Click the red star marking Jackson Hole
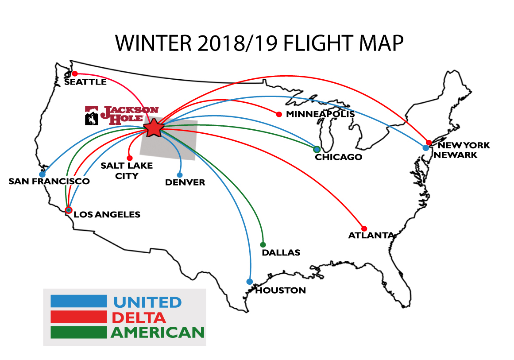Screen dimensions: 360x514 click(x=154, y=128)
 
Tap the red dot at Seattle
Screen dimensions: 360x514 click(x=75, y=74)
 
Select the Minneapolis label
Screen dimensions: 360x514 click(x=320, y=114)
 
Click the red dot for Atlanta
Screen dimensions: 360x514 click(x=364, y=228)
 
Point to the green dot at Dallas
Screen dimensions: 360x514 click(x=263, y=245)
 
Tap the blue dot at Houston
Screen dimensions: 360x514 click(x=250, y=282)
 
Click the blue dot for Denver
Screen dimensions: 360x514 click(x=180, y=175)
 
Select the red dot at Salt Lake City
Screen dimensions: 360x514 click(x=130, y=158)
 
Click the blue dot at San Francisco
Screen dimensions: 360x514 click(x=42, y=174)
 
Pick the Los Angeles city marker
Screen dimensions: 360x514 click(x=69, y=210)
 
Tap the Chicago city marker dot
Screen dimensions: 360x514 click(x=317, y=149)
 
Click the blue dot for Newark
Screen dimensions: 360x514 click(x=425, y=148)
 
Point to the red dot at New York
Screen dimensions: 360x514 click(x=429, y=143)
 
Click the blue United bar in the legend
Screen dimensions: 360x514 click(x=79, y=301)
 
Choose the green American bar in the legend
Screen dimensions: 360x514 click(x=79, y=332)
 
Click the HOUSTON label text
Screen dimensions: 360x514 click(x=280, y=290)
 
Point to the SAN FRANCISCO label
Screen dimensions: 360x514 click(x=49, y=181)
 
